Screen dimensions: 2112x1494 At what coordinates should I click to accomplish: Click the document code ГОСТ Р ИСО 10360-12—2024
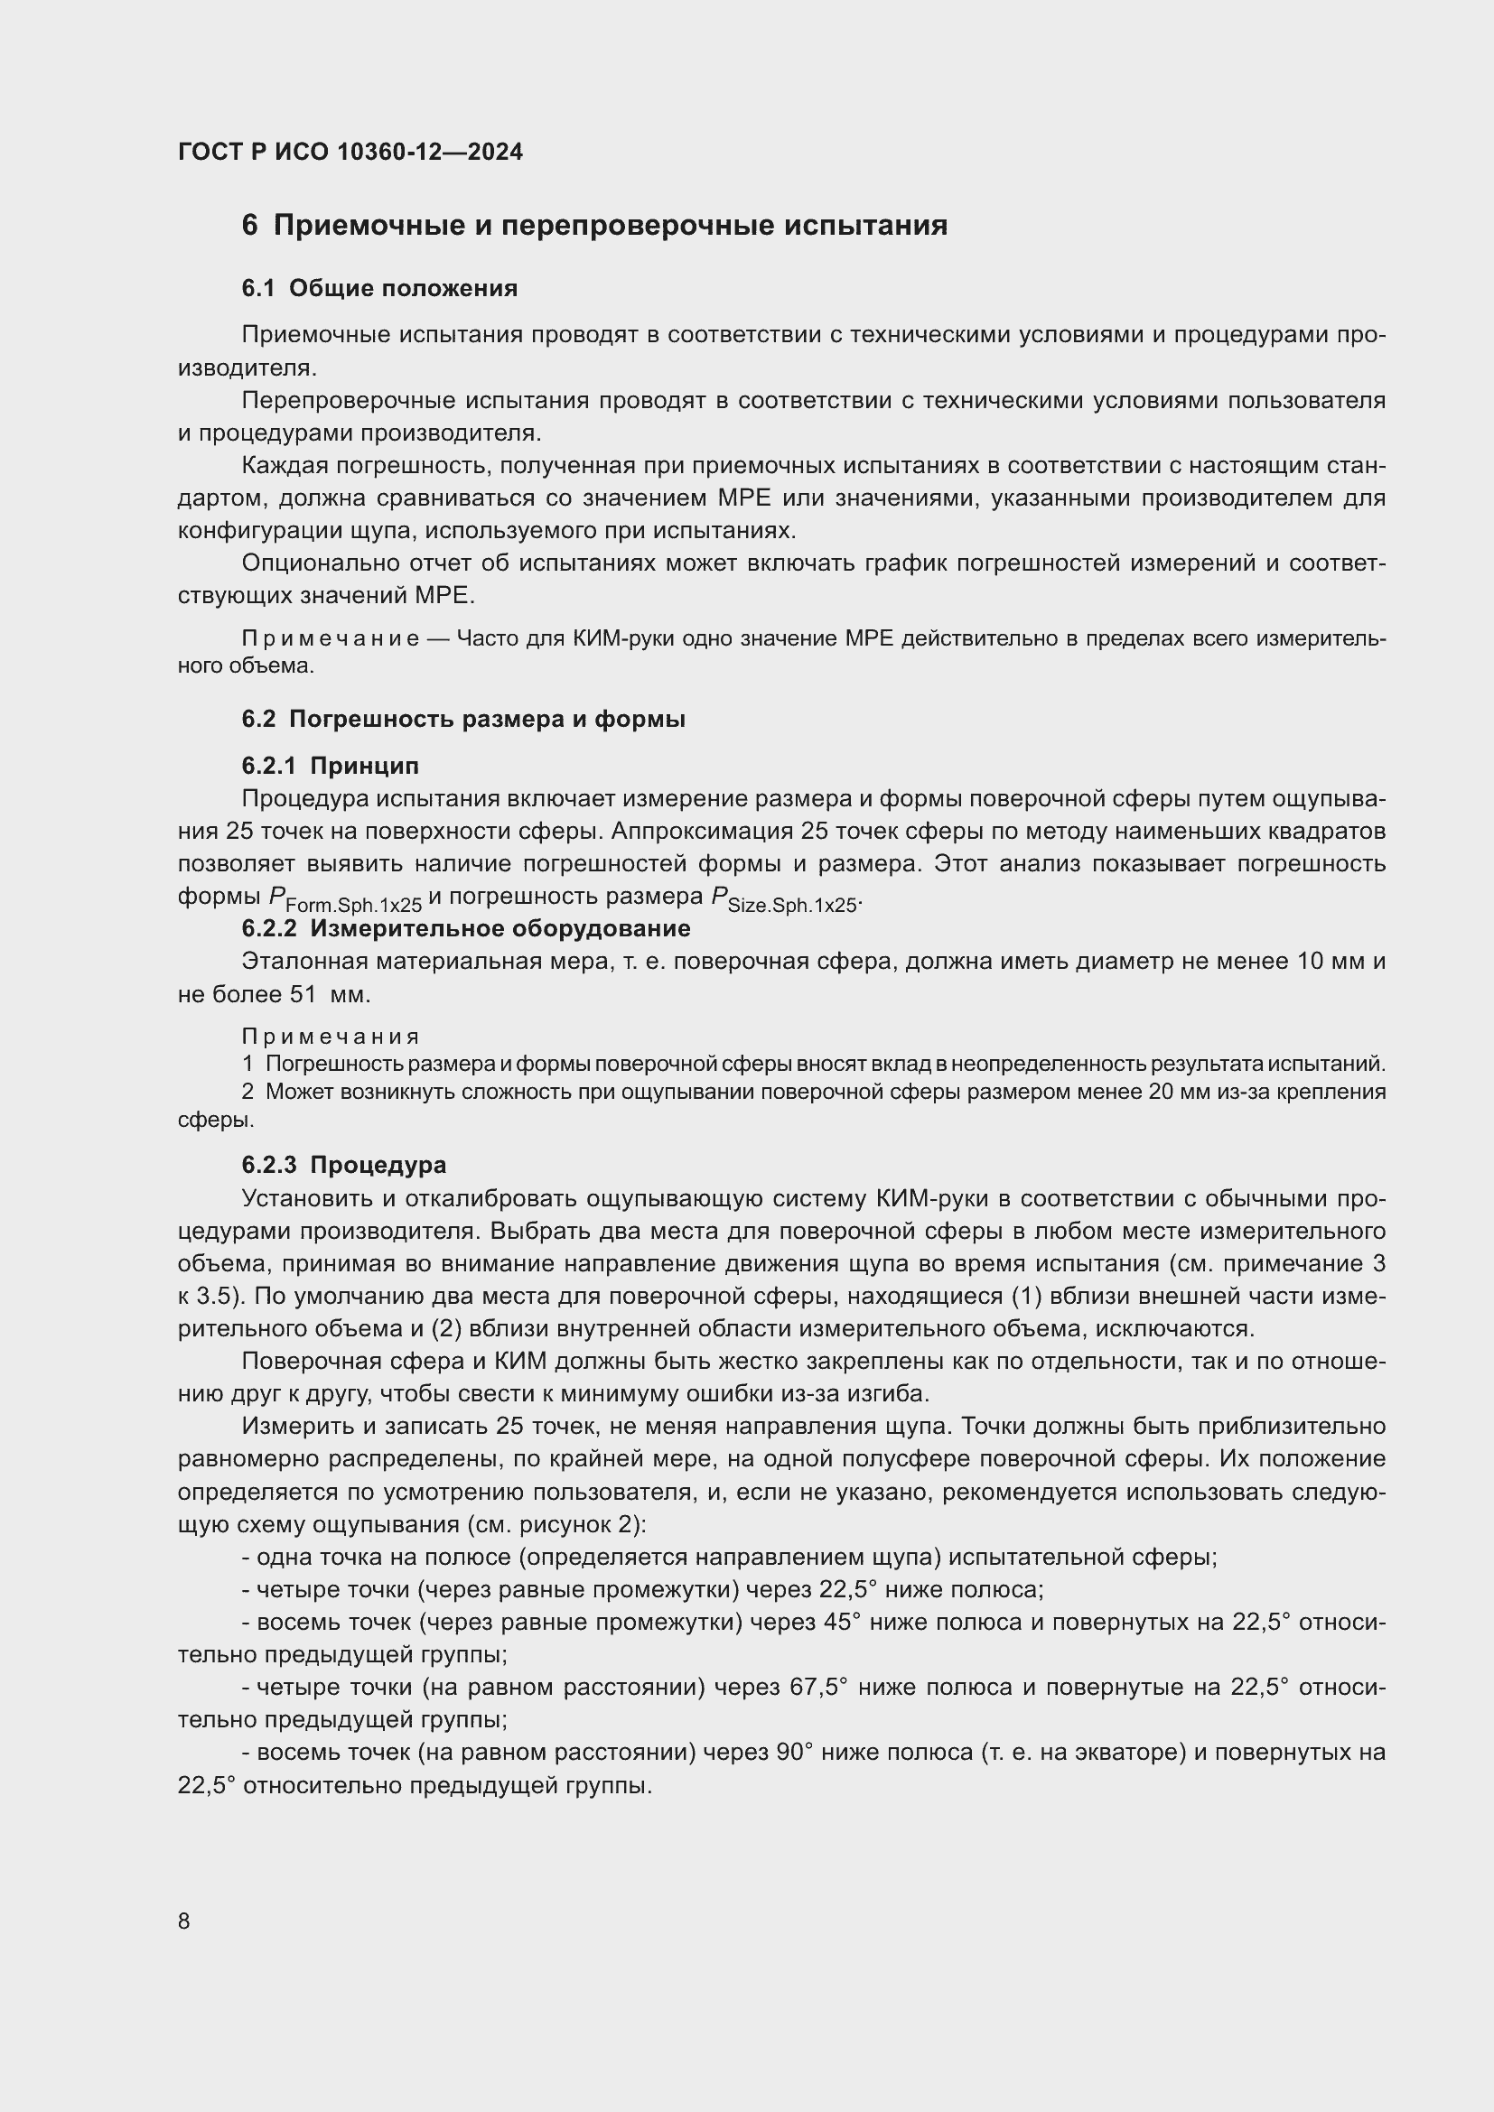[x=350, y=153]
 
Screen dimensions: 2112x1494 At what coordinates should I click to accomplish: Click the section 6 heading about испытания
[x=594, y=227]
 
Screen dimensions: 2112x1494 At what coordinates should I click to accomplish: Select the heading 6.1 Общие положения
[x=379, y=289]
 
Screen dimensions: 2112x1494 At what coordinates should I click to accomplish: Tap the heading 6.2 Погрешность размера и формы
[x=463, y=720]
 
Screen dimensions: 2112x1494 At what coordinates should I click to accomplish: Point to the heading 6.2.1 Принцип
[x=331, y=766]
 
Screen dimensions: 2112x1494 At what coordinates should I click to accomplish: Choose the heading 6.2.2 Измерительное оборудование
[x=466, y=929]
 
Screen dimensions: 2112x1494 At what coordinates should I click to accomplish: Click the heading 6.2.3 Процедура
[x=344, y=1166]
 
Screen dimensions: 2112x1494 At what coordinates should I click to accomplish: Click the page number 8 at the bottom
[x=184, y=1921]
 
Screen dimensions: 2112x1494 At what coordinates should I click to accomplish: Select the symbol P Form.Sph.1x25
[x=345, y=899]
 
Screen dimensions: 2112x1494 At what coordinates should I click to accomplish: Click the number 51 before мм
[x=303, y=995]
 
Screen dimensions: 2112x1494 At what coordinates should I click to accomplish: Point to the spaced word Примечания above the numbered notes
[x=331, y=1037]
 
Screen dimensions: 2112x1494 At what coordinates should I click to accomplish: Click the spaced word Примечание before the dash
[x=331, y=639]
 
